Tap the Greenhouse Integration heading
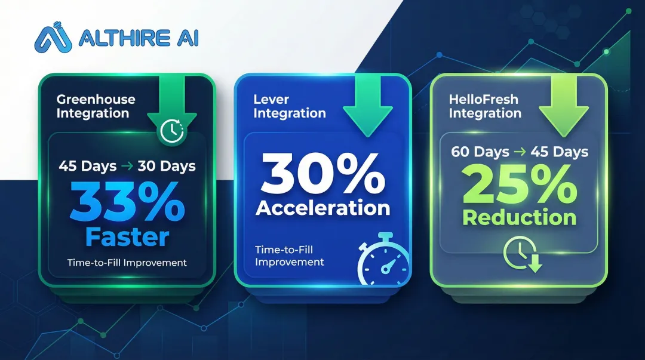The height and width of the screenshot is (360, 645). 96,106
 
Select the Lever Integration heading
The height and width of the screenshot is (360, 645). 290,106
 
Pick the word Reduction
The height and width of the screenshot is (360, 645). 519,218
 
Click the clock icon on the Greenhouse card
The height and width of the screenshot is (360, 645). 172,131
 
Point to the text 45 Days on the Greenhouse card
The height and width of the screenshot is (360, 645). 88,166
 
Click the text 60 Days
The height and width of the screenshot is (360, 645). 475,152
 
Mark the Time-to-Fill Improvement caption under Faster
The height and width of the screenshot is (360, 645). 127,262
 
